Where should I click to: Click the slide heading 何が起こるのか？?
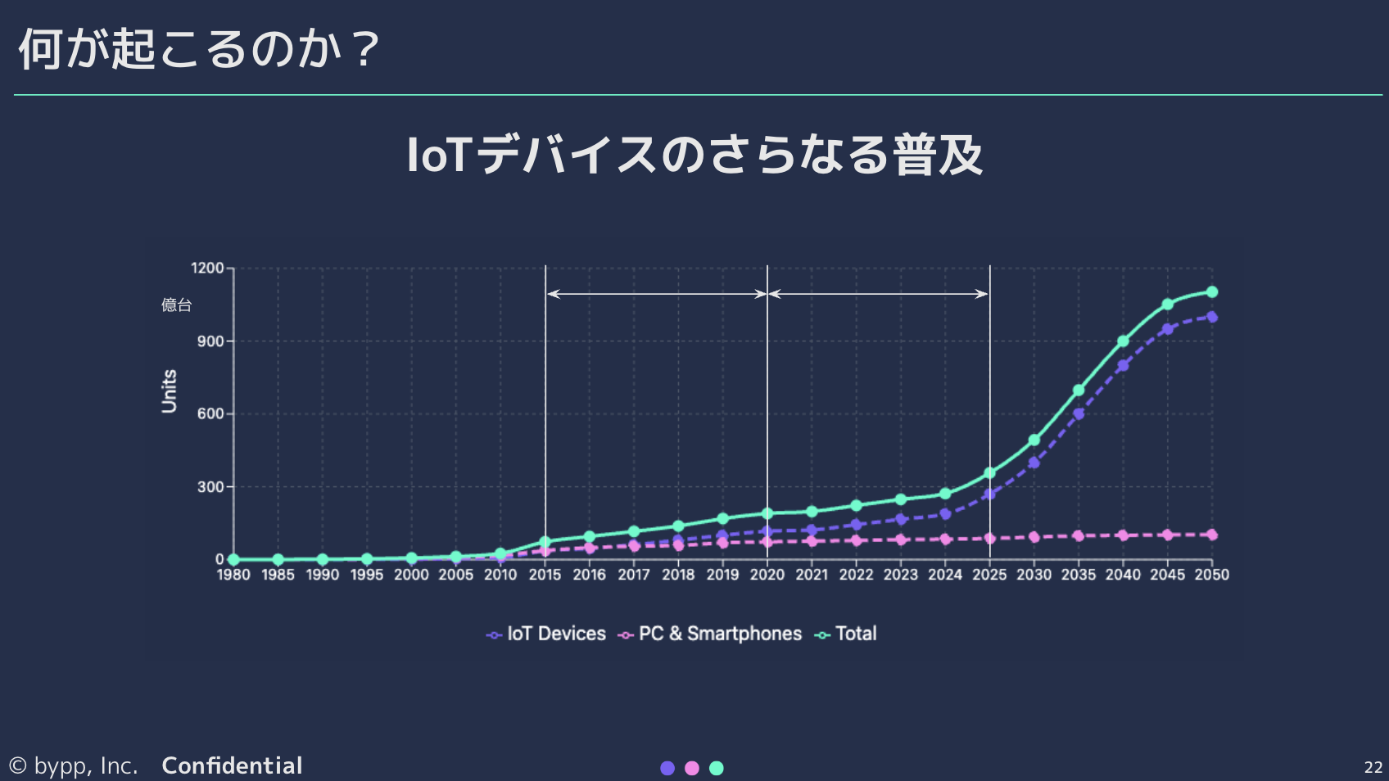pyautogui.click(x=199, y=49)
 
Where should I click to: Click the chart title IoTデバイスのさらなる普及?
pyautogui.click(x=694, y=155)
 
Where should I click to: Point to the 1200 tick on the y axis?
pyautogui.click(x=207, y=269)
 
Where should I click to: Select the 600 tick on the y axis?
pyautogui.click(x=210, y=414)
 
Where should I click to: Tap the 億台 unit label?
pyautogui.click(x=176, y=305)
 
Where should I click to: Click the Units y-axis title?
pyautogui.click(x=170, y=391)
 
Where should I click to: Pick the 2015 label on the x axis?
pyautogui.click(x=545, y=575)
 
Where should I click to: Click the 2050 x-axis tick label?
pyautogui.click(x=1211, y=575)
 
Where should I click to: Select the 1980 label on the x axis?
pyautogui.click(x=233, y=575)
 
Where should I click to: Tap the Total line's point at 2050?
pyautogui.click(x=1212, y=292)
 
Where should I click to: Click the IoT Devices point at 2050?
pyautogui.click(x=1212, y=317)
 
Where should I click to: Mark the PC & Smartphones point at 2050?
pyautogui.click(x=1212, y=535)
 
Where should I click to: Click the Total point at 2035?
pyautogui.click(x=1079, y=390)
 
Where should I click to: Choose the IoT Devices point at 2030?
pyautogui.click(x=1034, y=463)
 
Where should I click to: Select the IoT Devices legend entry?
pyautogui.click(x=546, y=634)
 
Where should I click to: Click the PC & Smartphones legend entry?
pyautogui.click(x=710, y=634)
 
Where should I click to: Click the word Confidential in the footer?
pyautogui.click(x=232, y=766)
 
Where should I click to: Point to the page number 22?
pyautogui.click(x=1373, y=767)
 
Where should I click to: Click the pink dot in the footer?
pyautogui.click(x=692, y=768)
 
